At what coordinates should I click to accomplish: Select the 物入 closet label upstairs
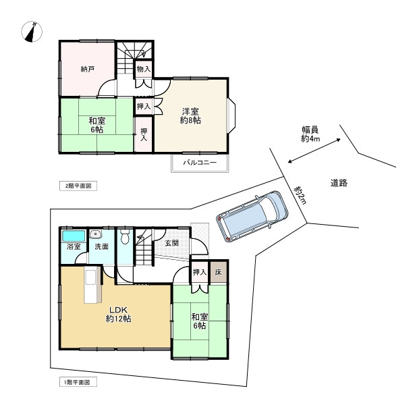click(143, 69)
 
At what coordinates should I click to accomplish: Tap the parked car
click(252, 215)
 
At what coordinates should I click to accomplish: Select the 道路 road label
click(339, 182)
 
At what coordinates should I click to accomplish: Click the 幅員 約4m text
click(310, 134)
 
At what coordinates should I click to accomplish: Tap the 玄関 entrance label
click(171, 243)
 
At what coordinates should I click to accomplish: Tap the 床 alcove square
click(218, 272)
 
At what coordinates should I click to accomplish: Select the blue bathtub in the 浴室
click(73, 236)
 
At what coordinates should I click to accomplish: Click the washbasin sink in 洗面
click(95, 235)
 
